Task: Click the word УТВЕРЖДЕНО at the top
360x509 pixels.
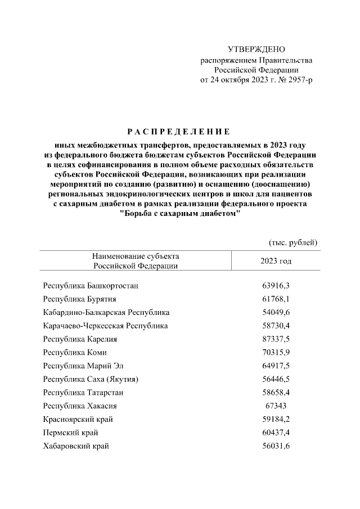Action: [x=256, y=50]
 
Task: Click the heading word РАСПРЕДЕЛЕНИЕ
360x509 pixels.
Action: [x=179, y=132]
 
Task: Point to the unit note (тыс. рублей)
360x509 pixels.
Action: [x=292, y=242]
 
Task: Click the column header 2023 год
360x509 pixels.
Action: [x=276, y=261]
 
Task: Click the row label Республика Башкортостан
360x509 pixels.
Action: [x=91, y=286]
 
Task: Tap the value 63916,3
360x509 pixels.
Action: [x=276, y=286]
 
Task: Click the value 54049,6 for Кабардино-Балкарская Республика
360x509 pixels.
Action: [x=276, y=312]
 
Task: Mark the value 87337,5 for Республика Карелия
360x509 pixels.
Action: [x=276, y=339]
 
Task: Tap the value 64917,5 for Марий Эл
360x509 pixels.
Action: [x=276, y=366]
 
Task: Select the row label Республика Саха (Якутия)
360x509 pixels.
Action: [x=91, y=379]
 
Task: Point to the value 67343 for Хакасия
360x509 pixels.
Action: [x=276, y=406]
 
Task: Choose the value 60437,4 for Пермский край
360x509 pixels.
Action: [x=276, y=433]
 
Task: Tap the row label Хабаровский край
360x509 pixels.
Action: [x=76, y=446]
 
